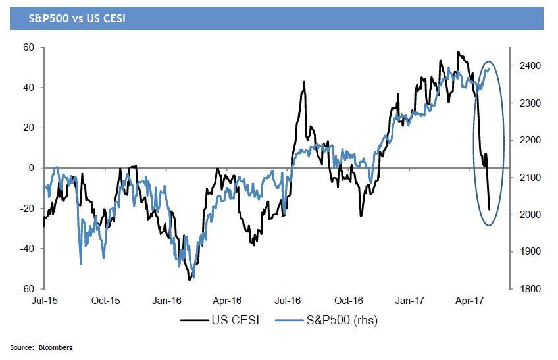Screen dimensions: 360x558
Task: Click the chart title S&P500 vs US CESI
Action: [68, 18]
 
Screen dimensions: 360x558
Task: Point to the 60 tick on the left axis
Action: [28, 47]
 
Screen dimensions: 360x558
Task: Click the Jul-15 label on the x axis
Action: [45, 301]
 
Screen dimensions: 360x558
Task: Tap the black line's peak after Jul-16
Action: [304, 82]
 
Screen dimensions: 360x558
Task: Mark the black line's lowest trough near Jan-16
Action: [190, 280]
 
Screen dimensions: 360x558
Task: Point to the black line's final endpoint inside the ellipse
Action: [490, 209]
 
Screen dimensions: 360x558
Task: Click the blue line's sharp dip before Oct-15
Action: [80, 264]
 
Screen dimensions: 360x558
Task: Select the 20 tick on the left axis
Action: [28, 128]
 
